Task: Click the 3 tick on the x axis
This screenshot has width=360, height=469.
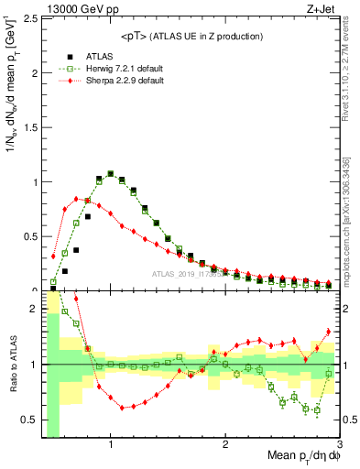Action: click(x=339, y=444)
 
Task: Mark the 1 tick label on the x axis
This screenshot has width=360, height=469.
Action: click(x=111, y=444)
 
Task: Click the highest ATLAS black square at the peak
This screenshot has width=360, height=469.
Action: click(x=111, y=173)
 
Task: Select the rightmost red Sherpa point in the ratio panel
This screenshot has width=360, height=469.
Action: click(x=328, y=332)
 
